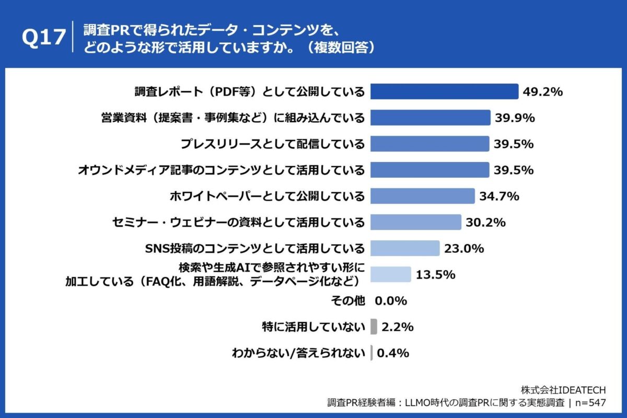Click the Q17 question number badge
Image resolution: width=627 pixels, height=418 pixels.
(x=44, y=38)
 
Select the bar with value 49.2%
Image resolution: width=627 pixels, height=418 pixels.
(x=444, y=91)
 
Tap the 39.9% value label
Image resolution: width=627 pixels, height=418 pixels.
(x=515, y=118)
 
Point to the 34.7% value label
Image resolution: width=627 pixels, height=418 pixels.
(x=499, y=196)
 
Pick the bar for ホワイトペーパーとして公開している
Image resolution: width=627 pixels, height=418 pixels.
(x=422, y=196)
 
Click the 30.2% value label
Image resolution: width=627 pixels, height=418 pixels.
(x=485, y=223)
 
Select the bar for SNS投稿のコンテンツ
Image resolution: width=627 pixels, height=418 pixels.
(x=405, y=249)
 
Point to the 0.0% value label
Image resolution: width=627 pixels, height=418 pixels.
(x=391, y=301)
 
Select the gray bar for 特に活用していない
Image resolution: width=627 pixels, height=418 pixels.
(x=374, y=327)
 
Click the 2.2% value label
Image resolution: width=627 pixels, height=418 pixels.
(x=398, y=327)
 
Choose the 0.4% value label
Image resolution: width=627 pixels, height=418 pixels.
(x=392, y=353)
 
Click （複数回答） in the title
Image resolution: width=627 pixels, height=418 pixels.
(x=340, y=47)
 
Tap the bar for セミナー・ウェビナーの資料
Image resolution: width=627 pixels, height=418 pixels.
(x=416, y=223)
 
